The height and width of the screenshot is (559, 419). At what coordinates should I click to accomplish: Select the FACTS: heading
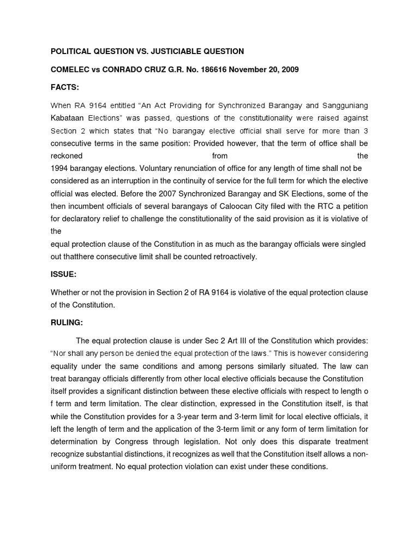point(64,87)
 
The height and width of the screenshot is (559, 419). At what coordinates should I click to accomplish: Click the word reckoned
point(66,156)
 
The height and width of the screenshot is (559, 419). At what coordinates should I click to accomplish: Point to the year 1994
point(59,169)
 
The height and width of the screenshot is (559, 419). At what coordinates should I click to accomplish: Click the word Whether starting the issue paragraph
point(65,293)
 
